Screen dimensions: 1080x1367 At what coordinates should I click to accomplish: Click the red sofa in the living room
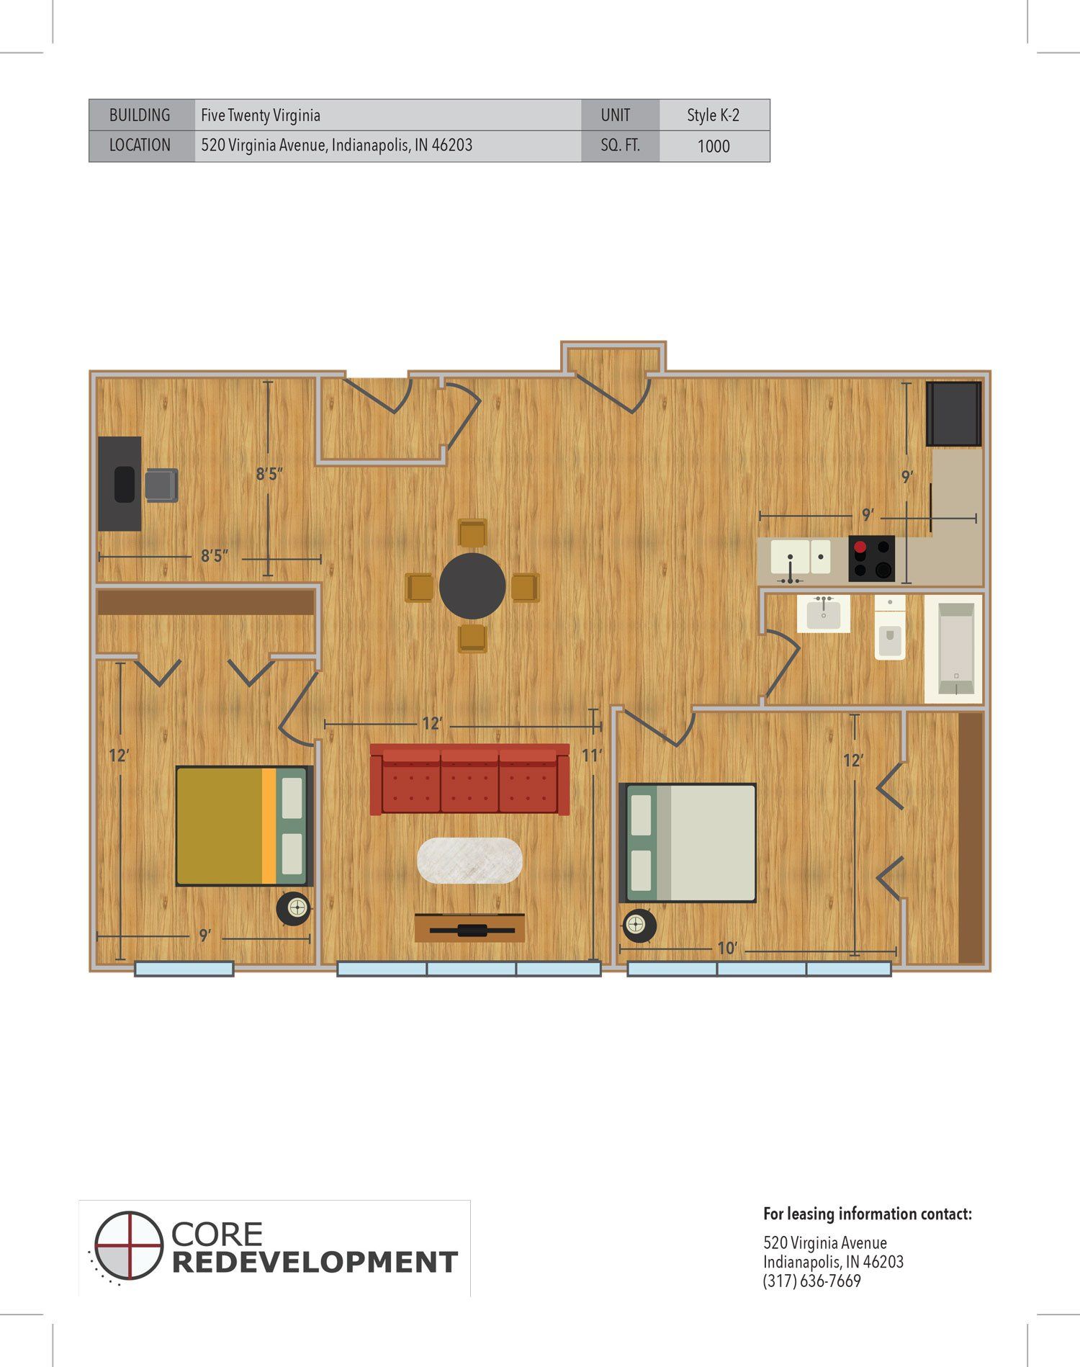coord(469,779)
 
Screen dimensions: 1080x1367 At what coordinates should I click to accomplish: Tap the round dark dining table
coord(472,586)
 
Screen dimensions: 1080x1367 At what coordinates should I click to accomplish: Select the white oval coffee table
coord(469,860)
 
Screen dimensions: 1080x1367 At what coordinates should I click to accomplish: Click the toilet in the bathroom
coord(890,627)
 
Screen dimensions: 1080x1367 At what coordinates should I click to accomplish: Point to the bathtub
coord(953,649)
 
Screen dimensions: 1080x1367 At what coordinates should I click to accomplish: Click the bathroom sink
coord(823,614)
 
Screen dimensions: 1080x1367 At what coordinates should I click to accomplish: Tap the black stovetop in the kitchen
coord(871,558)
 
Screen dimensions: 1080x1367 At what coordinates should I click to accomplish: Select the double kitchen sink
coord(801,557)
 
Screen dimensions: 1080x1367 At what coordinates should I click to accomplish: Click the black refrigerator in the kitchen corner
coord(954,413)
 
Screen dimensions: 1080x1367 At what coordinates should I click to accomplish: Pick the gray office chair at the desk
coord(161,485)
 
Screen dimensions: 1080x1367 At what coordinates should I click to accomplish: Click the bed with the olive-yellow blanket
coord(244,825)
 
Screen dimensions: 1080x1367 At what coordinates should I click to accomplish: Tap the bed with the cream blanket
coord(688,843)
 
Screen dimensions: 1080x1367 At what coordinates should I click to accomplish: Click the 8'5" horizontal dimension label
coord(214,556)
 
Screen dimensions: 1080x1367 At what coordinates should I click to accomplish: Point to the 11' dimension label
coord(591,756)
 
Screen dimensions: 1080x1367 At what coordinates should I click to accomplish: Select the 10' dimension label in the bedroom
coord(727,949)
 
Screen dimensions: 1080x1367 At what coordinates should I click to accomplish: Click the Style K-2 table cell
coord(714,115)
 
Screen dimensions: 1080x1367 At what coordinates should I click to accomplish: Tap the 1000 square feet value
coord(714,146)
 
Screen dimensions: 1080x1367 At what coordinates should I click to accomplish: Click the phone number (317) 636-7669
coord(812,1281)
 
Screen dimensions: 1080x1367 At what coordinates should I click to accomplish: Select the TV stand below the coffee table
coord(469,928)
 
